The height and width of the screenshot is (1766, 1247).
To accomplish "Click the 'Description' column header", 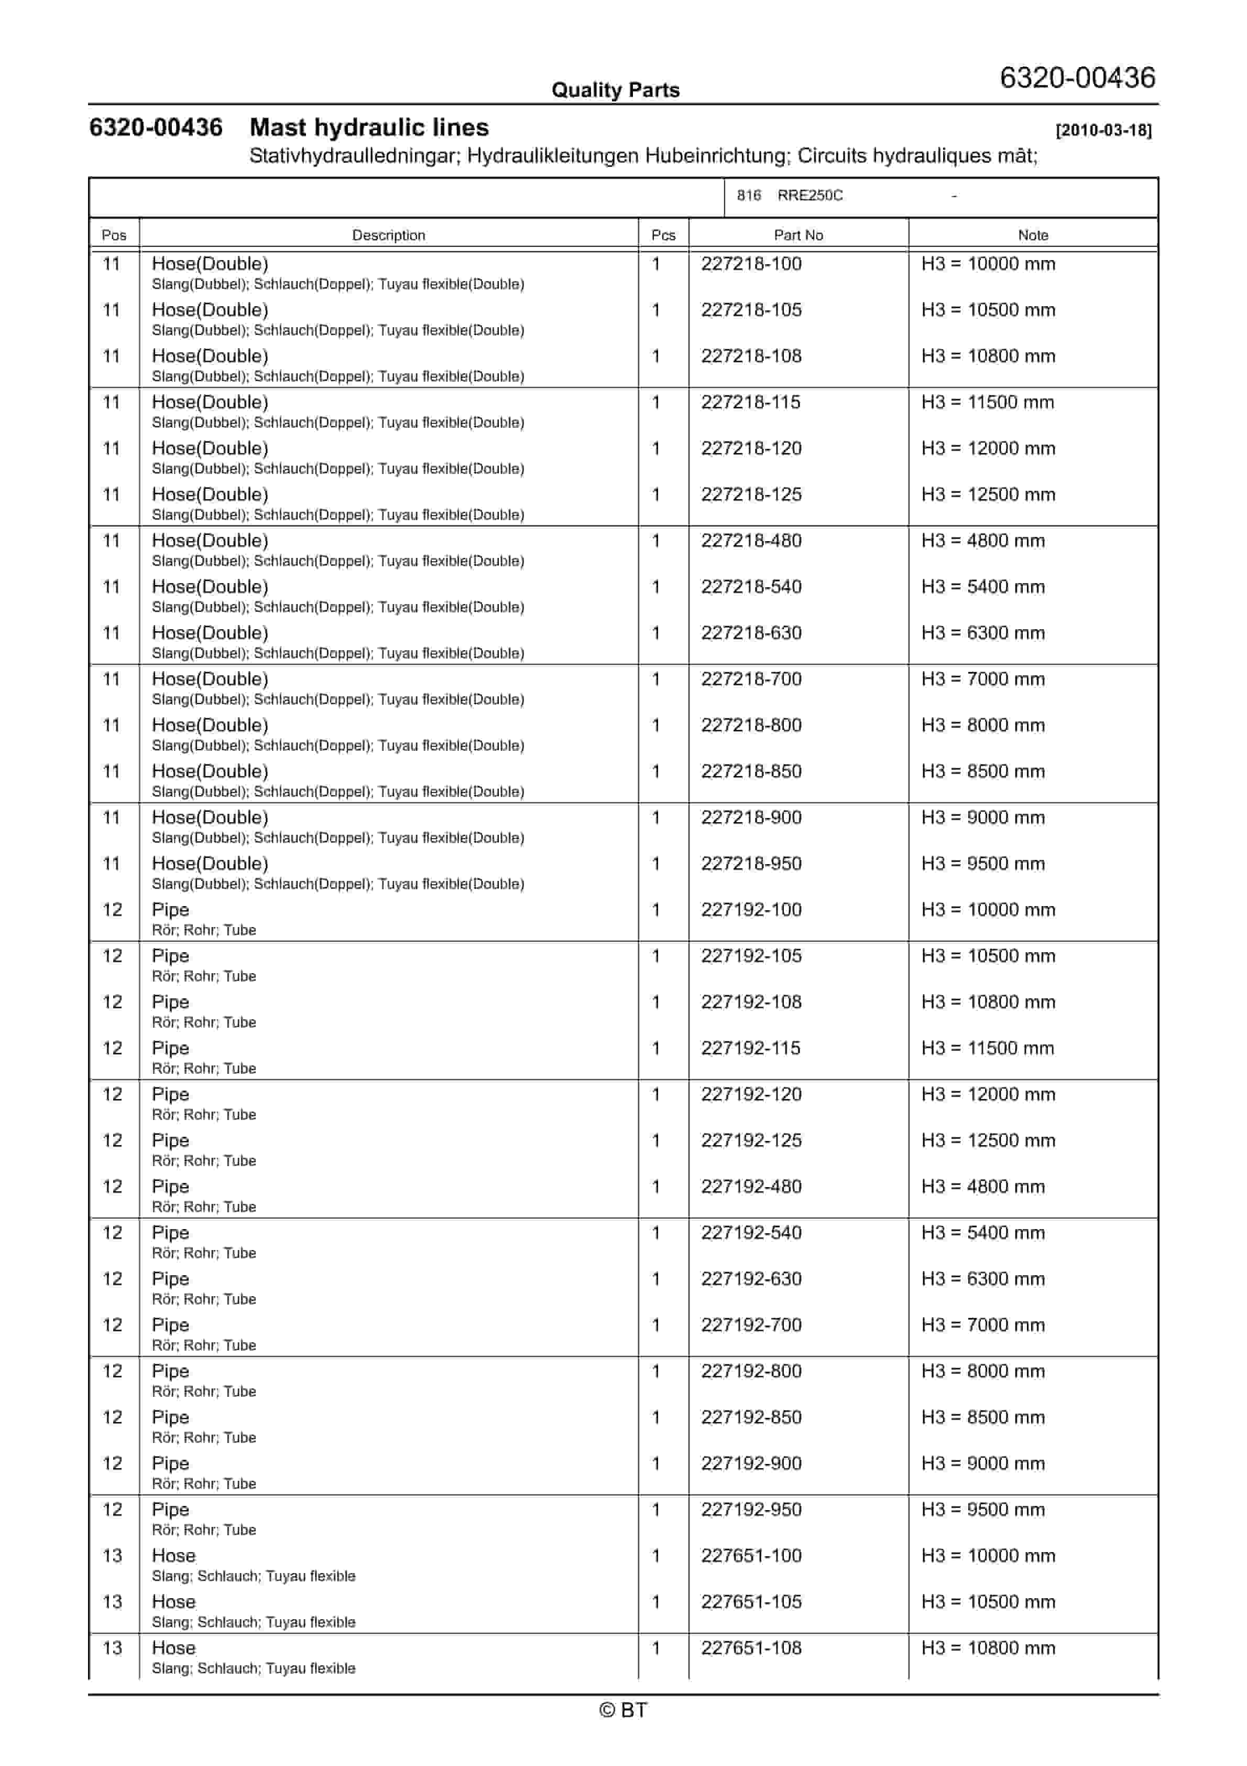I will coord(388,235).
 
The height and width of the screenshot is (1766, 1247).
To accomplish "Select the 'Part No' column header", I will coord(798,235).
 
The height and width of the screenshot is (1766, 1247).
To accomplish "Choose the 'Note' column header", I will coord(1033,235).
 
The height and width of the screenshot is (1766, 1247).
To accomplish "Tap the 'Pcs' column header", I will coord(663,235).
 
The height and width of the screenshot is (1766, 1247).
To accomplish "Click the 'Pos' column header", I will coord(114,235).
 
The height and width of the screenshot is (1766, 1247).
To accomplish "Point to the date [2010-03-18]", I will coord(1103,130).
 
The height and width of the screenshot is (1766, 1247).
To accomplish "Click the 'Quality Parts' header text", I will coord(615,90).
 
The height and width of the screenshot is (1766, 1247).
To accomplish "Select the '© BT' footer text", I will coord(623,1710).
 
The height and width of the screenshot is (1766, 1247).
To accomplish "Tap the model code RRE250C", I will coord(810,196).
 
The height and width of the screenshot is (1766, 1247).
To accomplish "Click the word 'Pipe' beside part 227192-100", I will coord(170,910).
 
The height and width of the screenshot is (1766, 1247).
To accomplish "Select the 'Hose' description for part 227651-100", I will coord(174,1556).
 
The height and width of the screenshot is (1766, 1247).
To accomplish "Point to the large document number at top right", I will coord(1077,78).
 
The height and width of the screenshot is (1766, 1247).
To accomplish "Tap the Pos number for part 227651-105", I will coord(112,1602).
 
